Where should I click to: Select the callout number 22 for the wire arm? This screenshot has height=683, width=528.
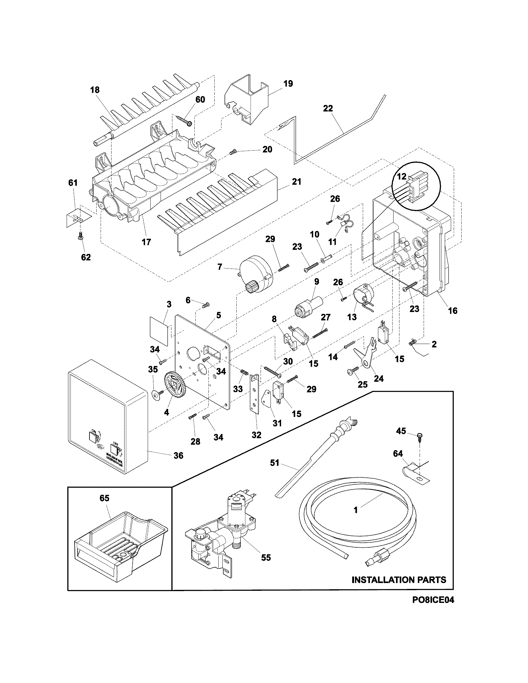328,109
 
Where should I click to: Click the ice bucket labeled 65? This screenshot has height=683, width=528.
121,541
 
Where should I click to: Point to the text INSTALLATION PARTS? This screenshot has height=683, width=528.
399,580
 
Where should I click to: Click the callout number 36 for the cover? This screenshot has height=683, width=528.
178,455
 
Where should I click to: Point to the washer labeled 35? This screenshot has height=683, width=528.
155,395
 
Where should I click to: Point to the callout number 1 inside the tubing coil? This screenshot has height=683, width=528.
356,510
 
